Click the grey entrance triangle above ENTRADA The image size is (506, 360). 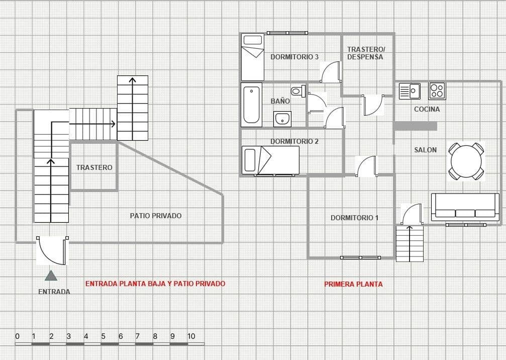51,276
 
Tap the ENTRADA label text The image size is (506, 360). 54,292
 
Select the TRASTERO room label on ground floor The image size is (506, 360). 94,167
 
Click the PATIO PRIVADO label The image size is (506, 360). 156,216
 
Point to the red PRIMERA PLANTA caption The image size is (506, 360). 353,284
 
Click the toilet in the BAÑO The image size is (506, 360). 298,91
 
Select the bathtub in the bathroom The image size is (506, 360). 251,105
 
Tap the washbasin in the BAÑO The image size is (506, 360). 282,119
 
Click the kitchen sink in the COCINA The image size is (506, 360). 410,92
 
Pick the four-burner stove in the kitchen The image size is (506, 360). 437,91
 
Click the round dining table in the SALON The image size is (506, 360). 466,161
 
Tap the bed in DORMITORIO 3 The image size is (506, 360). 253,57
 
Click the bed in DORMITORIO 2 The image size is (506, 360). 270,160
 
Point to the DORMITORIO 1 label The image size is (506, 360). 354,218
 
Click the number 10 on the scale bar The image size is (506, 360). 191,336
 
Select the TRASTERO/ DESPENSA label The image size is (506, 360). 366,53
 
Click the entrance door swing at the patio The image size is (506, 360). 52,250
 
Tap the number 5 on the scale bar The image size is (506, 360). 103,336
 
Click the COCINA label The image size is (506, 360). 427,109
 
